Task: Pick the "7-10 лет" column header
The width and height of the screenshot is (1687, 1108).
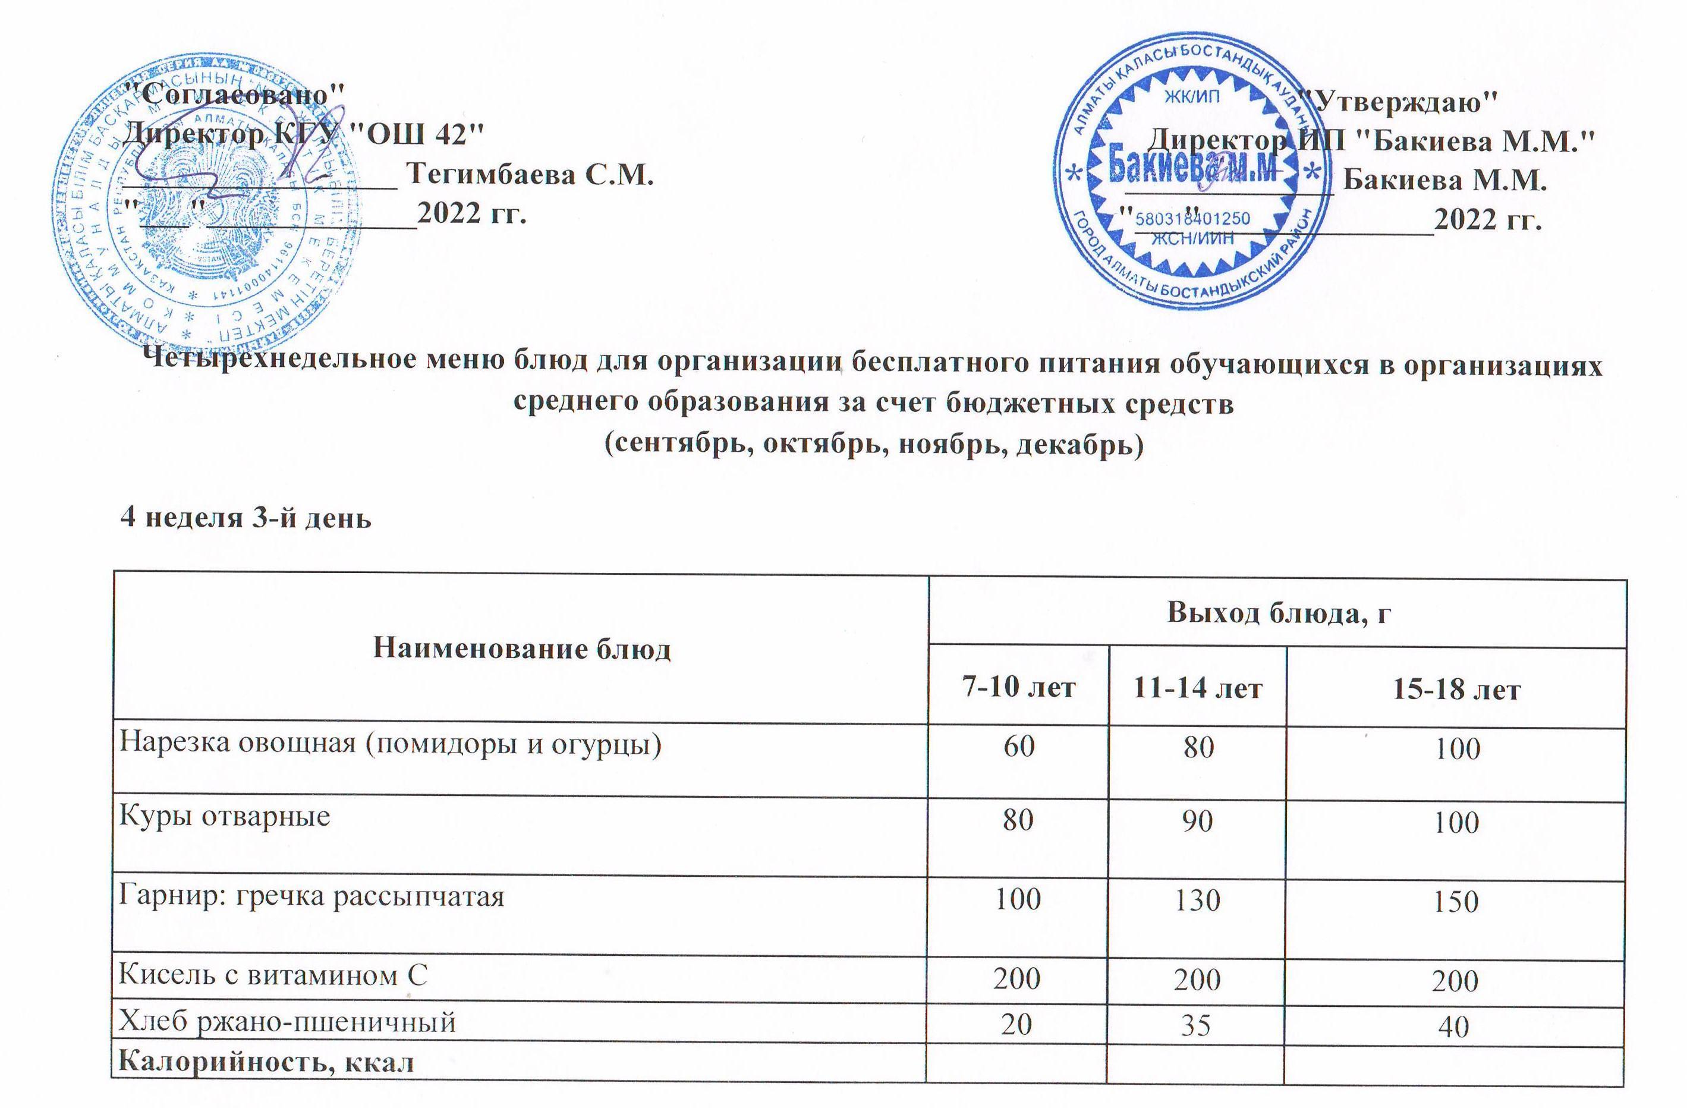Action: coord(1019,688)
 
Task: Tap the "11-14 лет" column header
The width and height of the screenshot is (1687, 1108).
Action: coord(1197,688)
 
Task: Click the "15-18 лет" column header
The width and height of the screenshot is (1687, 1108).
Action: coord(1456,689)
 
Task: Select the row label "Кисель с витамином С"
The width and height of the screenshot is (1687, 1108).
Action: coord(273,975)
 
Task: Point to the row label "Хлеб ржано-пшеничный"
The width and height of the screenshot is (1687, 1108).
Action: coord(287,1022)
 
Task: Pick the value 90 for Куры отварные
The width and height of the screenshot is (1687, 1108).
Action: coord(1197,821)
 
